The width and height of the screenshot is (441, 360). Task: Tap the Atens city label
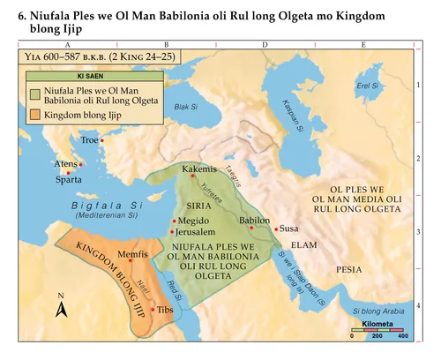click(65, 164)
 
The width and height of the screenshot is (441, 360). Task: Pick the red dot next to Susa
click(276, 229)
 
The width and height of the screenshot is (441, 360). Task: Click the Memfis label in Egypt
click(131, 254)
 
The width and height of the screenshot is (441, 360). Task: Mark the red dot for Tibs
click(154, 309)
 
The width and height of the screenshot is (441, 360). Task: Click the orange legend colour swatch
click(34, 116)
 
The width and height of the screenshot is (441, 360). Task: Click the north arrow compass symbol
click(62, 306)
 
